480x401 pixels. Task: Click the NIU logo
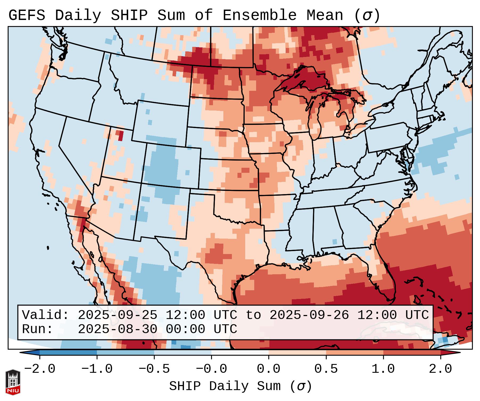[x=13, y=382]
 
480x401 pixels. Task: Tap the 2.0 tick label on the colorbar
[x=440, y=369]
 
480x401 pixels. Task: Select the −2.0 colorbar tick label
[x=39, y=369]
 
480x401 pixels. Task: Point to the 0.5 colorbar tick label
[x=326, y=369]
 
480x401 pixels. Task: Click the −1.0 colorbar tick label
[x=97, y=369]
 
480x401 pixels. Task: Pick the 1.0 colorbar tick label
[x=383, y=369]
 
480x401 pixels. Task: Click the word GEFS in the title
[x=27, y=15]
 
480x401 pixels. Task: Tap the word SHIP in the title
[x=129, y=15]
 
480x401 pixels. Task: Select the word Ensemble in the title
[x=259, y=15]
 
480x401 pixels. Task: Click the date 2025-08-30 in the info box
[x=117, y=329]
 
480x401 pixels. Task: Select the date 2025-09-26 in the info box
[x=309, y=315]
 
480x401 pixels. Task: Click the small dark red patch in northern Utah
[x=121, y=135]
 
